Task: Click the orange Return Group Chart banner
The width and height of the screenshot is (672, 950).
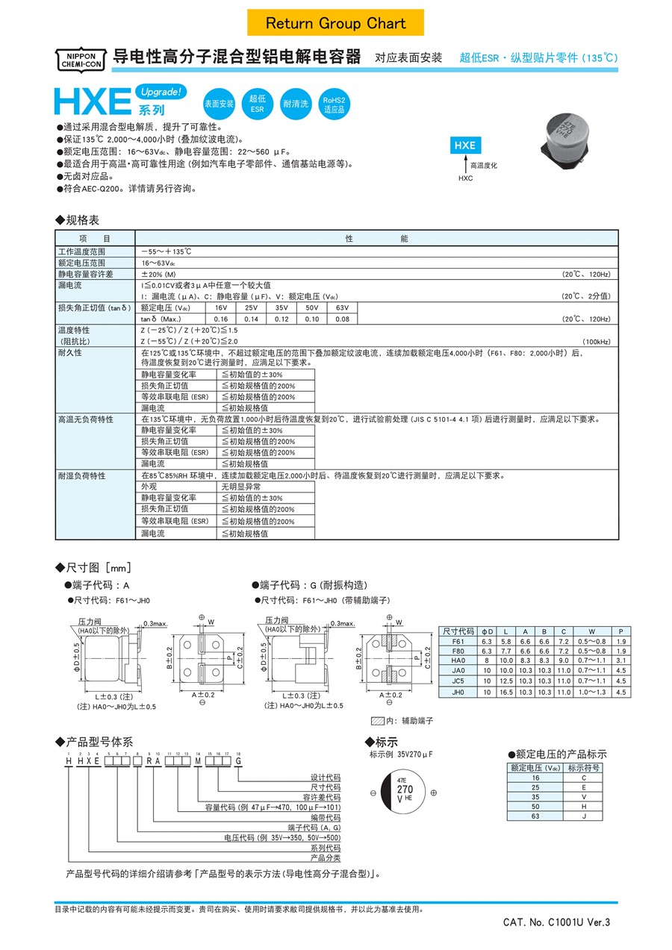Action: coord(335,23)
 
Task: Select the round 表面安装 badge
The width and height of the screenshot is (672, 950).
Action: coord(220,104)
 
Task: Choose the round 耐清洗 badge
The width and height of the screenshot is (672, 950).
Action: coord(296,104)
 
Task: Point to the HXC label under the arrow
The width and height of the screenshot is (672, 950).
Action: coord(466,179)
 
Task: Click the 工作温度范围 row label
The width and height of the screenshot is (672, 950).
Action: coord(81,251)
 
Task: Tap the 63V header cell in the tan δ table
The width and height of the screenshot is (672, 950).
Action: coord(342,307)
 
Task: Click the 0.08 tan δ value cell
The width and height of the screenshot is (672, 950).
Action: coord(342,319)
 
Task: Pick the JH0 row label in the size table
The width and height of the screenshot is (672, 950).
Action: coord(458,693)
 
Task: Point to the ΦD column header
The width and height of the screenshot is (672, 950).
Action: coord(487,631)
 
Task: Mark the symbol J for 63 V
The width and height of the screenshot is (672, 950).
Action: coord(583,816)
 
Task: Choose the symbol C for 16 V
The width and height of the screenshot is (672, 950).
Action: coord(583,778)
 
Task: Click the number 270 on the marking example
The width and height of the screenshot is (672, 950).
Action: coord(405,789)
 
